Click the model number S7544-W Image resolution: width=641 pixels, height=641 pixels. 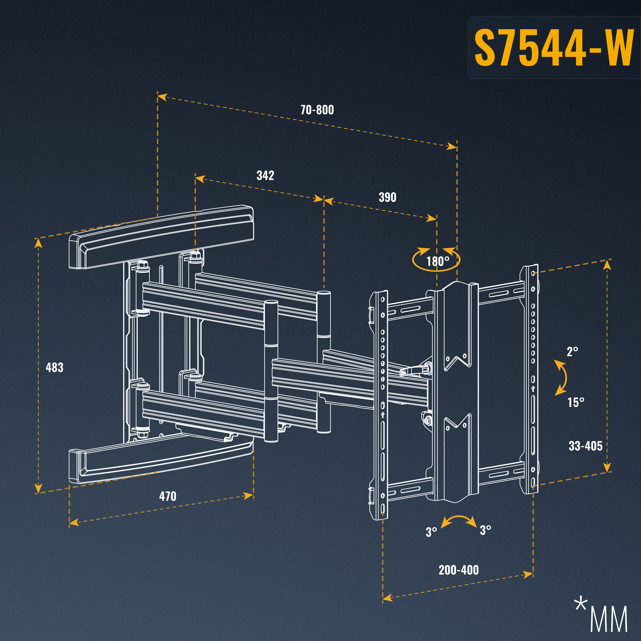click(553, 47)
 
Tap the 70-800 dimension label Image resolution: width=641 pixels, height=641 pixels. click(317, 110)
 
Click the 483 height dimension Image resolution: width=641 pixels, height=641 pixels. click(54, 367)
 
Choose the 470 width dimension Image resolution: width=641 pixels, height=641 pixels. click(168, 496)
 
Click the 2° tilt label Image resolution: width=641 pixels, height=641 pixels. click(572, 352)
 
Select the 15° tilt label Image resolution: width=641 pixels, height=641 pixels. click(576, 402)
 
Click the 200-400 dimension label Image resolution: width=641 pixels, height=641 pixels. click(458, 570)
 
